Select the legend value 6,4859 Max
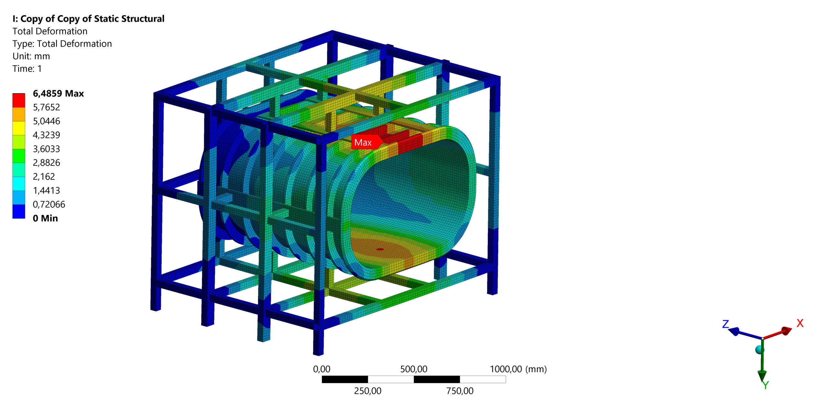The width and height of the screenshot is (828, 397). pos(58,94)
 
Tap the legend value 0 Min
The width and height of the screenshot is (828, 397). pos(45,218)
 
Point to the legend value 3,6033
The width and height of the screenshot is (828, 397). pos(46,149)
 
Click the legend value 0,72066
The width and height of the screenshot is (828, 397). pos(49,204)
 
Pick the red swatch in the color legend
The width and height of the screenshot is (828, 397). pos(19,100)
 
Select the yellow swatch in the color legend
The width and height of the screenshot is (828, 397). pos(19,128)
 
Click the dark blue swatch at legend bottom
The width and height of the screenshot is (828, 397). pos(19,211)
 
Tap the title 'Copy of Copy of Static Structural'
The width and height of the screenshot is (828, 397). pos(92,19)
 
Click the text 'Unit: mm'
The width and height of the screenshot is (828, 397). pos(31,56)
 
